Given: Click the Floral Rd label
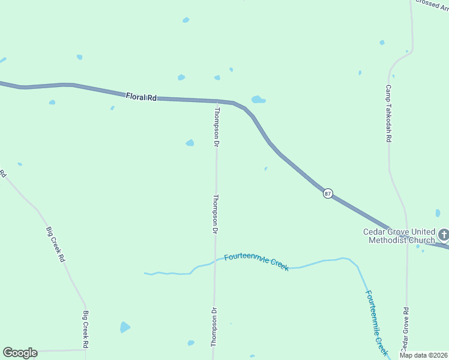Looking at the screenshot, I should coord(141,97).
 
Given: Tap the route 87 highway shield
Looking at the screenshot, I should coord(328,193).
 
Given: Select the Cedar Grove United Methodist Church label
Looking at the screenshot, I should coord(399,236).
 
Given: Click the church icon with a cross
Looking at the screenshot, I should coord(443,234).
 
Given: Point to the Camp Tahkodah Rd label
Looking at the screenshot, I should coord(388,113).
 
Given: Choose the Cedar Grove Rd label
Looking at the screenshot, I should coord(405,329).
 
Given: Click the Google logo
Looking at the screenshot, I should coord(20,352).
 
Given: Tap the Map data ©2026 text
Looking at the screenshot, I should coord(423,355).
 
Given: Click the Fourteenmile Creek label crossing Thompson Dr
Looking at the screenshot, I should coord(256,262).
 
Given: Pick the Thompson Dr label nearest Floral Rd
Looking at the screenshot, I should coord(217,127).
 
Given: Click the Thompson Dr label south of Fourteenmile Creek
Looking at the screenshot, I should coord(212,327).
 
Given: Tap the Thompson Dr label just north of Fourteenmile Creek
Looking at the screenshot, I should coord(215,214).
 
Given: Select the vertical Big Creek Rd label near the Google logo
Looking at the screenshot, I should coord(86,329).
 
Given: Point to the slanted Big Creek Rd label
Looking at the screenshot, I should coord(55,244).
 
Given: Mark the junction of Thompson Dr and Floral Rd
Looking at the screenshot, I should coord(217,101).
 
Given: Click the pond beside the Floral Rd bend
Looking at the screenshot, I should coord(258,99).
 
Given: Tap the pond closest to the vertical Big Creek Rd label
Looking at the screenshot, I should coord(124,327).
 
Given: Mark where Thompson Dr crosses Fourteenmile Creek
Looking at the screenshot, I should coord(215,260).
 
